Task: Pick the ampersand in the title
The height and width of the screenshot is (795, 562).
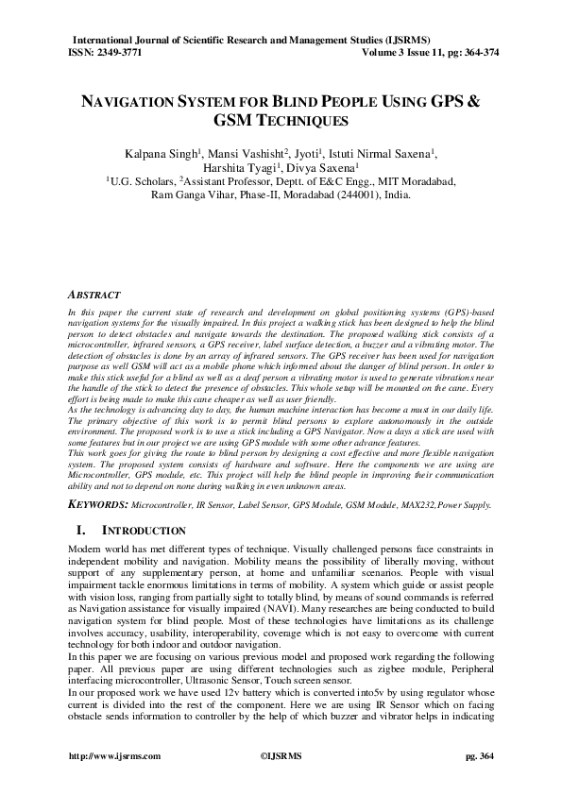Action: (x=474, y=100)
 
